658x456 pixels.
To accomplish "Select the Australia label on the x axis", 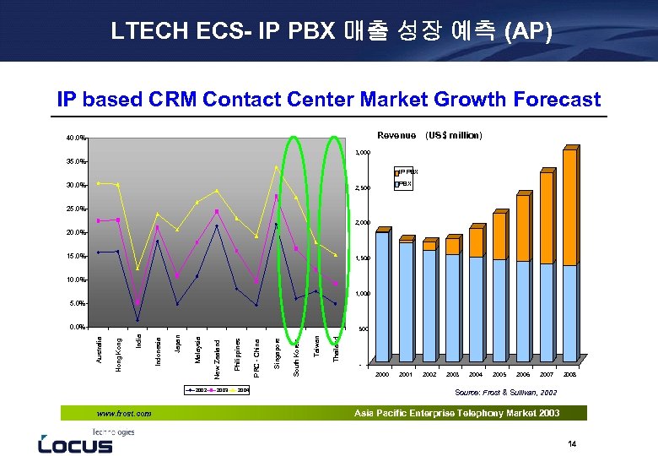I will click(x=100, y=350).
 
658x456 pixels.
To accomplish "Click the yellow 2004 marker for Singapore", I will click(x=276, y=167).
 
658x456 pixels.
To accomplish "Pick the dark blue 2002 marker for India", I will click(x=138, y=320).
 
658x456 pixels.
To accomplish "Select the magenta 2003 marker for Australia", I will click(x=99, y=220).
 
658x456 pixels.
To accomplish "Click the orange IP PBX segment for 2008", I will click(x=569, y=208).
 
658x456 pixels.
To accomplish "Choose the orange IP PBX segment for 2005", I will click(x=499, y=236).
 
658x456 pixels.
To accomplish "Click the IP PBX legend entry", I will click(x=407, y=171).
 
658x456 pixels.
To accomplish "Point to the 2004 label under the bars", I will click(x=476, y=373).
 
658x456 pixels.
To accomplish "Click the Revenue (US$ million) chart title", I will click(x=429, y=135).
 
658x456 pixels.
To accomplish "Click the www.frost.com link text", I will click(x=124, y=414).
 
